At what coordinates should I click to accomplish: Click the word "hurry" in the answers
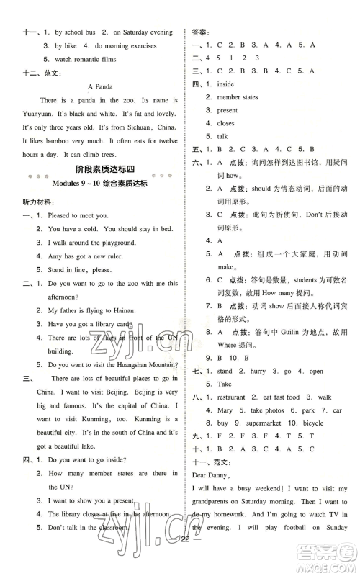(253, 371)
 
